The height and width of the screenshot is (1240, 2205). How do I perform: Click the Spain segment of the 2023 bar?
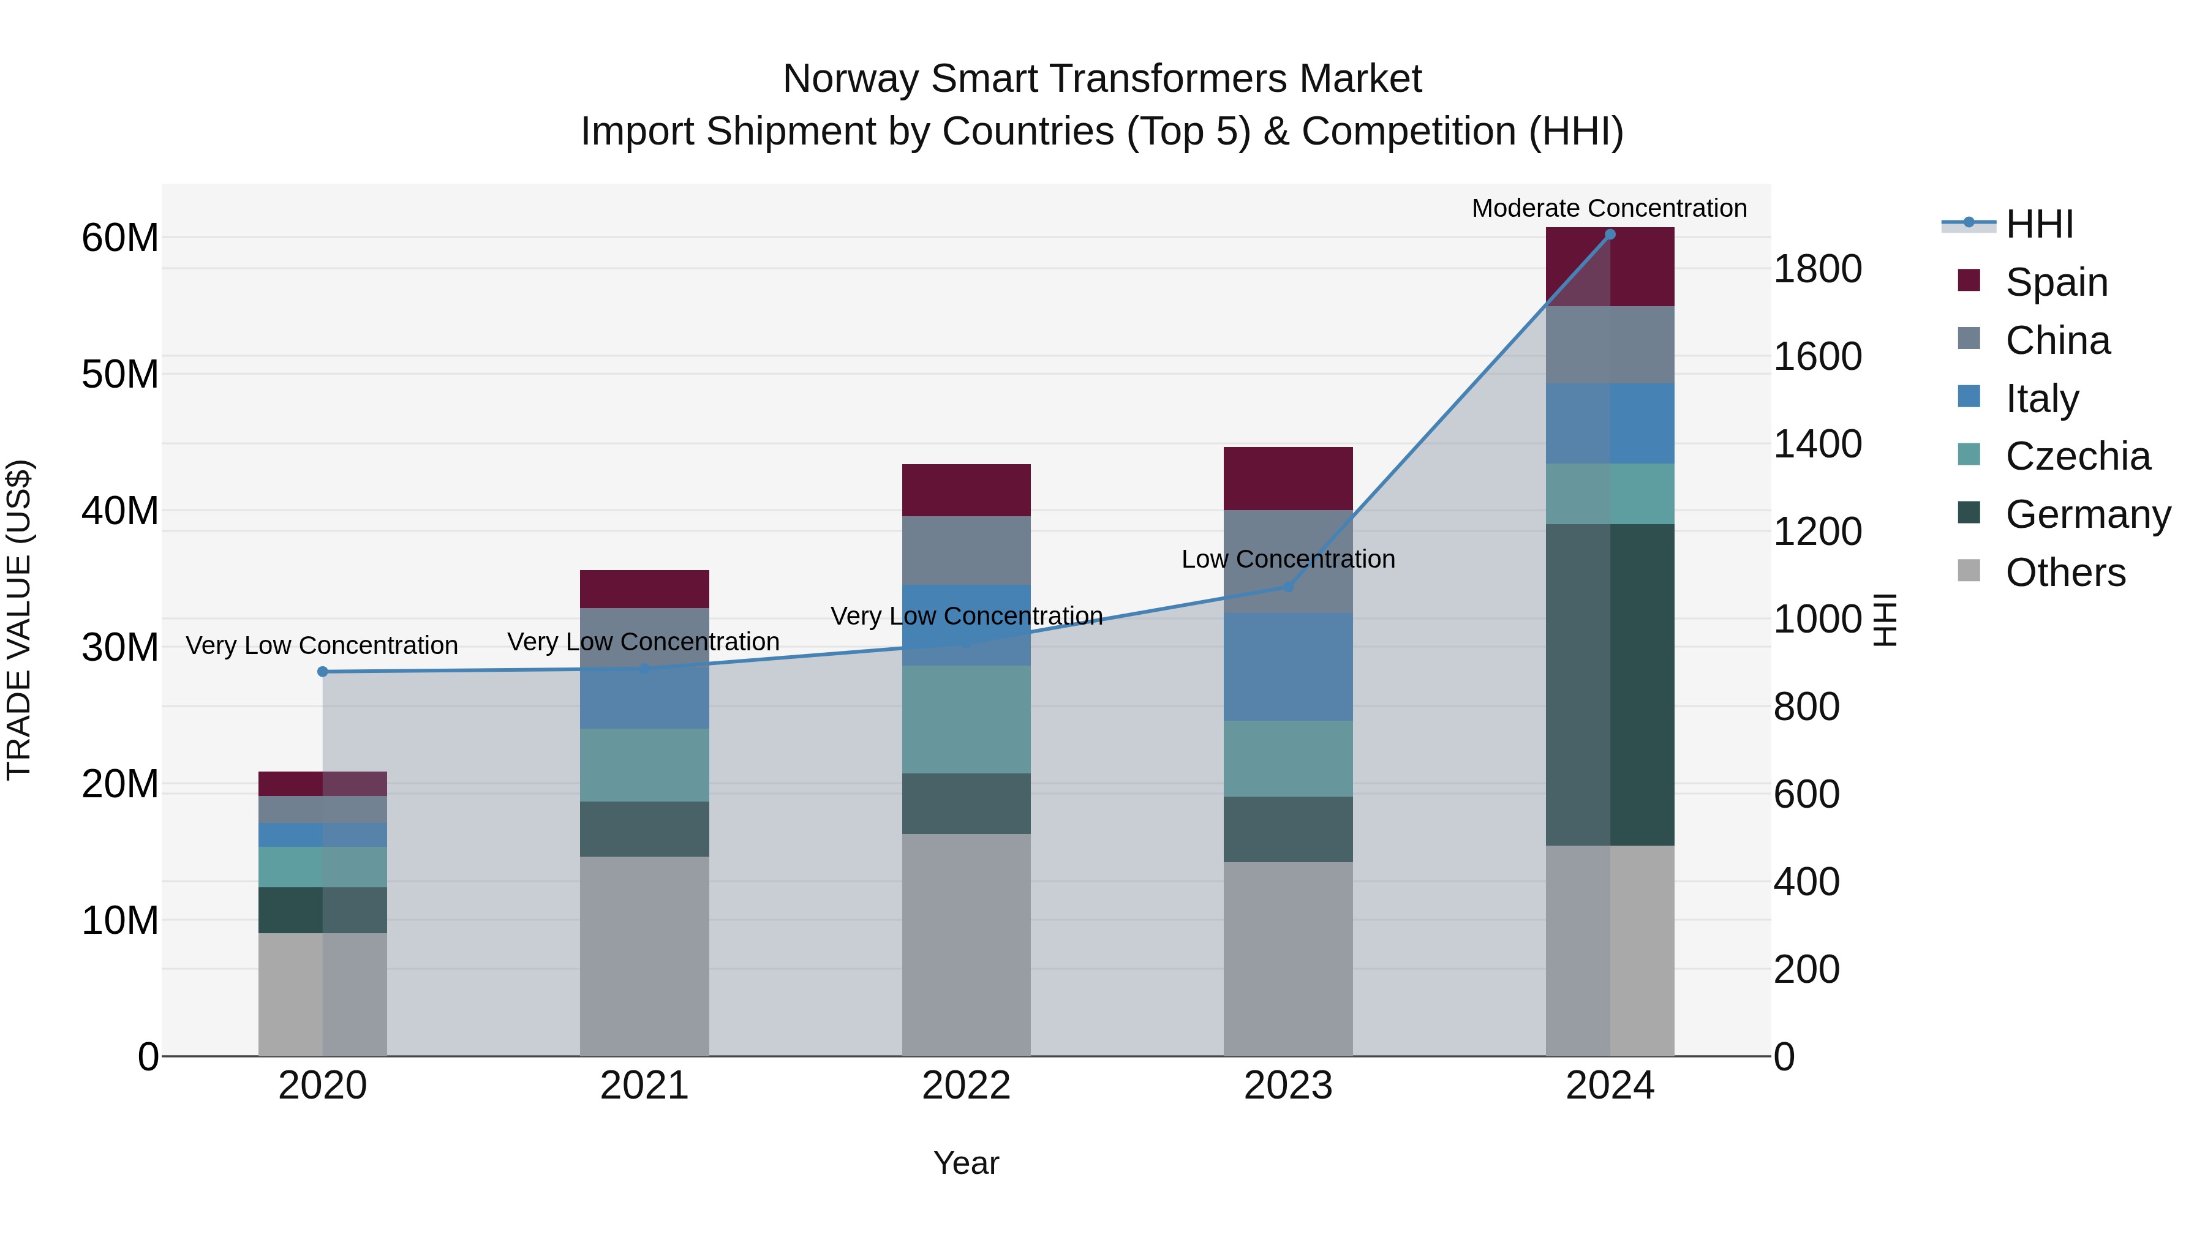point(1287,478)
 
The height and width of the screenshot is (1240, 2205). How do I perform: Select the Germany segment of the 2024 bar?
point(1609,685)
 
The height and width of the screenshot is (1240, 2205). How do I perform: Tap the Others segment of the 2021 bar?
point(644,956)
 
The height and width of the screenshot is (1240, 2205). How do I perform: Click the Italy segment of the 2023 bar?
point(1287,666)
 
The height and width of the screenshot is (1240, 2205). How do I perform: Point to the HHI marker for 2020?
point(323,672)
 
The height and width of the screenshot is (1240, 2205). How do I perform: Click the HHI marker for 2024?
point(1609,235)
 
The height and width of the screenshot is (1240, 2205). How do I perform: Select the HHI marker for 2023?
point(1287,587)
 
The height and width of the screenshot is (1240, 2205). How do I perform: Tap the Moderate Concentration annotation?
point(1608,208)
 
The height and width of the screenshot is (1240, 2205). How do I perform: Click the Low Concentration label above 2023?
point(1287,559)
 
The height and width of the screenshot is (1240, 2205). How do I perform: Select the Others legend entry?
point(2065,573)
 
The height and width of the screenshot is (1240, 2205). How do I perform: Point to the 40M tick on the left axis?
point(120,511)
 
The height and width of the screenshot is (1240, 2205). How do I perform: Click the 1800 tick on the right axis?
point(1817,269)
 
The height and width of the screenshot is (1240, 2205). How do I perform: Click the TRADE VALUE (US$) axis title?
point(19,620)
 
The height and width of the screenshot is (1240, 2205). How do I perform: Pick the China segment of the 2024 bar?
point(1609,344)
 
